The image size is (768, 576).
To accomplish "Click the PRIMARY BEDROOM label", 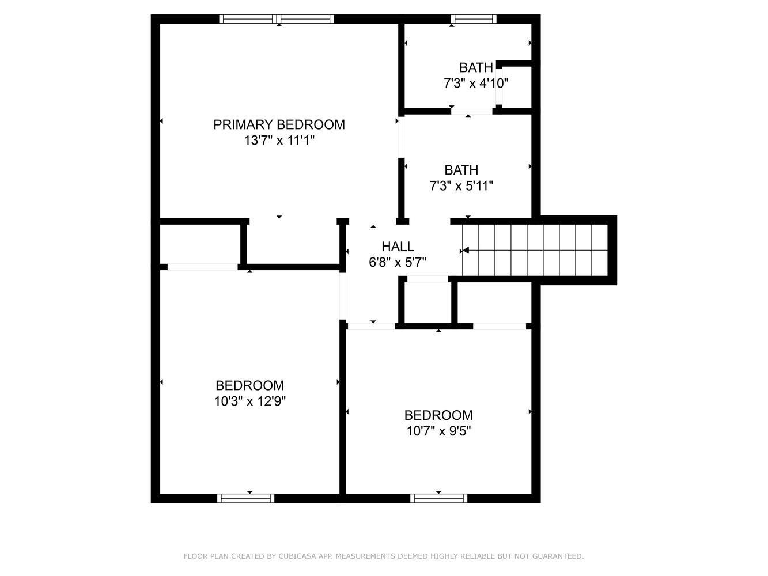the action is click(279, 124).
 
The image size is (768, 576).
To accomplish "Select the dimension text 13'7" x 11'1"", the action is click(279, 141).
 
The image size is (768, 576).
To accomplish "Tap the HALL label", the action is click(398, 247).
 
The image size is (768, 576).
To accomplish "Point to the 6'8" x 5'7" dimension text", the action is click(398, 262).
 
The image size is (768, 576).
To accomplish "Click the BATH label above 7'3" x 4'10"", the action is click(476, 67).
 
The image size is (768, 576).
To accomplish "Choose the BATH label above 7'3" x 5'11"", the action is click(461, 170).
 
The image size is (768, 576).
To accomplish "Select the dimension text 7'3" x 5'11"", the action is click(461, 185).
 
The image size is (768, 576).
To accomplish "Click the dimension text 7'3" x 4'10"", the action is click(476, 84).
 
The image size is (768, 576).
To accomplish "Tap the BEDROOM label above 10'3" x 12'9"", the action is click(250, 385).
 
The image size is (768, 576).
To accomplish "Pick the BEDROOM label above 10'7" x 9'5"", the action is click(438, 415).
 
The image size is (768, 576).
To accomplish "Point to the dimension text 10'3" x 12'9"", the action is click(250, 401).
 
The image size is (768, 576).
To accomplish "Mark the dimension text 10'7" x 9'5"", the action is click(438, 431).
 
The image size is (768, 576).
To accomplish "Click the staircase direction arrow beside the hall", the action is click(464, 251).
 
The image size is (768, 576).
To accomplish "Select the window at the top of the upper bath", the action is click(474, 19).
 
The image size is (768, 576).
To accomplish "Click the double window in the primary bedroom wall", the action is click(277, 19).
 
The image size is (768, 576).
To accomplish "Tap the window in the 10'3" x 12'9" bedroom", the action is click(245, 498).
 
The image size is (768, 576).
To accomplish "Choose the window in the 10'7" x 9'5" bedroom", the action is click(438, 498).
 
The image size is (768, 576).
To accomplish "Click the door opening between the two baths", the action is click(472, 111).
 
